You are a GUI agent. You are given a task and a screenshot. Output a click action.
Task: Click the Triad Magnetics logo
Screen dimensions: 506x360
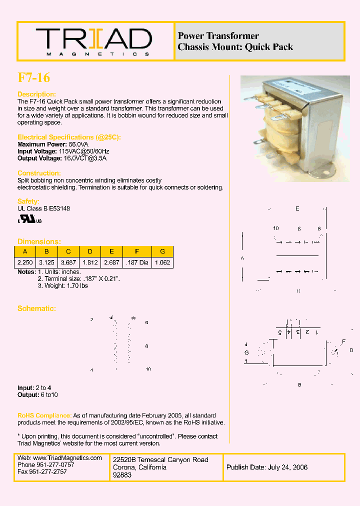[93, 41]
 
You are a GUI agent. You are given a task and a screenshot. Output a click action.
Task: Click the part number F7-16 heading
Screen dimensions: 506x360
[34, 77]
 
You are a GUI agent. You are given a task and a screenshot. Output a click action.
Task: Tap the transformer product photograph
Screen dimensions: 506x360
[294, 128]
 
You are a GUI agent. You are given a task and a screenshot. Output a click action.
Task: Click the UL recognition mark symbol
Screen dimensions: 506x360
[30, 220]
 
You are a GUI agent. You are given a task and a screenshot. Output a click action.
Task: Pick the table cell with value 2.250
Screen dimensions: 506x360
[24, 262]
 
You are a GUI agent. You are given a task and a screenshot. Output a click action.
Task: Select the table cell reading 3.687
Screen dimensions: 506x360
[68, 262]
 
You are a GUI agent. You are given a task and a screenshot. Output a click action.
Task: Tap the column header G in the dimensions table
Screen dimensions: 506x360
[162, 251]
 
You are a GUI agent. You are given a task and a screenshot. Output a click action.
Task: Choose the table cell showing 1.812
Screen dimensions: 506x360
[90, 262]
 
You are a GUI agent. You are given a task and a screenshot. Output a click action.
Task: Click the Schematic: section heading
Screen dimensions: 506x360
[36, 308]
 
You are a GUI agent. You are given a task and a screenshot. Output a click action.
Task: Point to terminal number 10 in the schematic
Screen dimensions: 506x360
[148, 369]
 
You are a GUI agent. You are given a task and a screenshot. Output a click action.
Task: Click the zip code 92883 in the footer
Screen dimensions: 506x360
[122, 475]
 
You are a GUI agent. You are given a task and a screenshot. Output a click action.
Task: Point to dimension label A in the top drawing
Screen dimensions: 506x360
[243, 258]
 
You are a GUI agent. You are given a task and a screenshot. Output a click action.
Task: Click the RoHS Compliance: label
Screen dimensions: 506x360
[44, 415]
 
